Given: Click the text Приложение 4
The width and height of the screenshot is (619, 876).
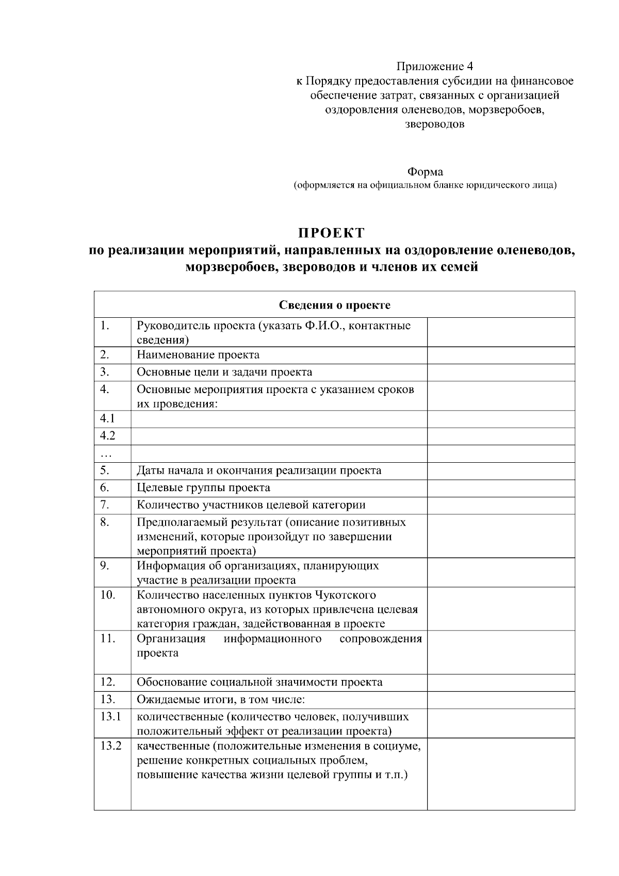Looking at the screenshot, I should (x=434, y=67).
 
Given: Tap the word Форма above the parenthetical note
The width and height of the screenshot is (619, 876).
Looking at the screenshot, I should (x=425, y=172).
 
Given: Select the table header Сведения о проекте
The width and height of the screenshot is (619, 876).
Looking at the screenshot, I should (x=334, y=305).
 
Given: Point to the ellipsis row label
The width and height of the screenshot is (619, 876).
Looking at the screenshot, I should (x=106, y=454).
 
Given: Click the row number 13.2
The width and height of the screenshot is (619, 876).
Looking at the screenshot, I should (x=110, y=746).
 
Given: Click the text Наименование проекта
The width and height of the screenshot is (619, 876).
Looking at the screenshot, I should (x=198, y=355).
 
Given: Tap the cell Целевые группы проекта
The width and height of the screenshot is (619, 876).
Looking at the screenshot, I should (x=203, y=488).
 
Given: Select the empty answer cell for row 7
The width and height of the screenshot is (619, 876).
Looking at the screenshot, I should (x=500, y=505).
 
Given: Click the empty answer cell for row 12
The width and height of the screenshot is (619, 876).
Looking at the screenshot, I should (x=500, y=683).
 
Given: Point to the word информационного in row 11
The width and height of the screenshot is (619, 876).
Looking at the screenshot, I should (x=272, y=639).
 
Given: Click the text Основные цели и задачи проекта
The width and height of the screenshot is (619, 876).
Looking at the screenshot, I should (x=224, y=372).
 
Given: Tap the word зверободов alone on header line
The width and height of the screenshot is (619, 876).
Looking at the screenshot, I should (x=434, y=124).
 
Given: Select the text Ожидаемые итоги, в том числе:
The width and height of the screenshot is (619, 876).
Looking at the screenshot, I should (x=221, y=700).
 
